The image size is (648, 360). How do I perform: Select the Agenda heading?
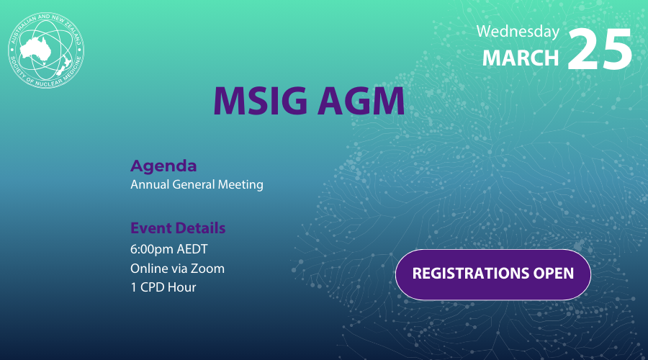[163, 166]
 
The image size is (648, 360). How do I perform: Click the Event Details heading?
[178, 228]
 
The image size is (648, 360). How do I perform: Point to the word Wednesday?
[518, 32]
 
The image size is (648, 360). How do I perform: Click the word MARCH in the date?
[520, 57]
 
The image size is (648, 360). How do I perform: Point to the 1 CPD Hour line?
[163, 287]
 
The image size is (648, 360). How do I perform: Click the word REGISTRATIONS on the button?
[467, 274]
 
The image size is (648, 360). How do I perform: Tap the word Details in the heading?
[202, 228]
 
